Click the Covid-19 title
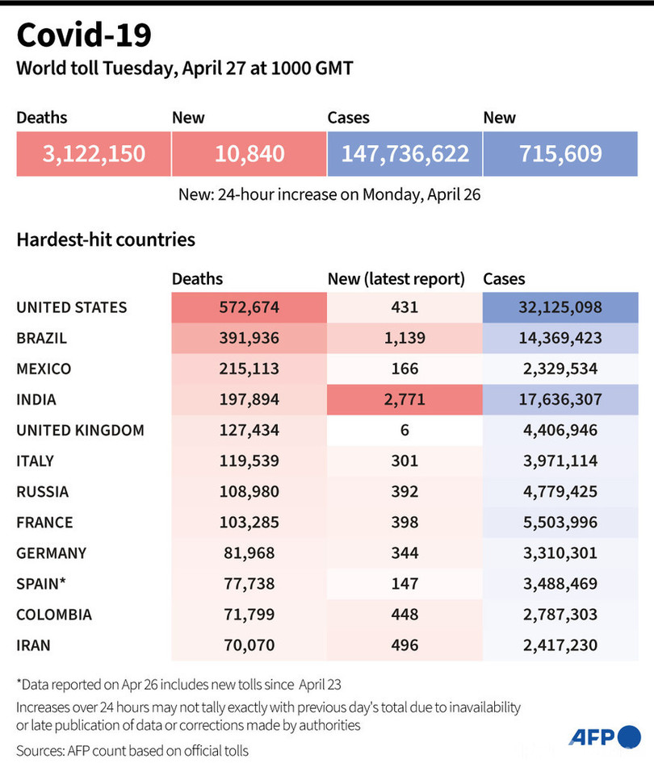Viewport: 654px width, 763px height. tap(83, 36)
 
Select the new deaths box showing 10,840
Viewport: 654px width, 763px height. tap(249, 153)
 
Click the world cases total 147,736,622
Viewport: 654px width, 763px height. tap(405, 153)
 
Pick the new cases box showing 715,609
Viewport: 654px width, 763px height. tap(560, 153)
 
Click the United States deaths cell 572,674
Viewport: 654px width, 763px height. tap(249, 307)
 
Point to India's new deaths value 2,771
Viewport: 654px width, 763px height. tap(404, 399)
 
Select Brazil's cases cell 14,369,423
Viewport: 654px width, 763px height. tap(560, 338)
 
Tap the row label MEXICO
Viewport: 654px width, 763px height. tap(44, 369)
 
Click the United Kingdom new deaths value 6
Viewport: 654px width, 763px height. tap(404, 430)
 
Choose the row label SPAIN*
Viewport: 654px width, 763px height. tap(41, 583)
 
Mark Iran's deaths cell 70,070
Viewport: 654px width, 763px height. tap(249, 644)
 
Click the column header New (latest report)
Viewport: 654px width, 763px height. tap(396, 279)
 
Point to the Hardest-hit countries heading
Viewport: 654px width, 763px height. tap(106, 240)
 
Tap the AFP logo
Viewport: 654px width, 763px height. tap(605, 736)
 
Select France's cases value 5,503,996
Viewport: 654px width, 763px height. tap(560, 522)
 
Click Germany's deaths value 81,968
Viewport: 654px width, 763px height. tap(249, 552)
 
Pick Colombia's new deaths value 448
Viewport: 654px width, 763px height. tap(404, 614)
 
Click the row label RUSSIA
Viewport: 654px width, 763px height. tap(42, 491)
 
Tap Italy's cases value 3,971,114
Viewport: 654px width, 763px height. tap(560, 461)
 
